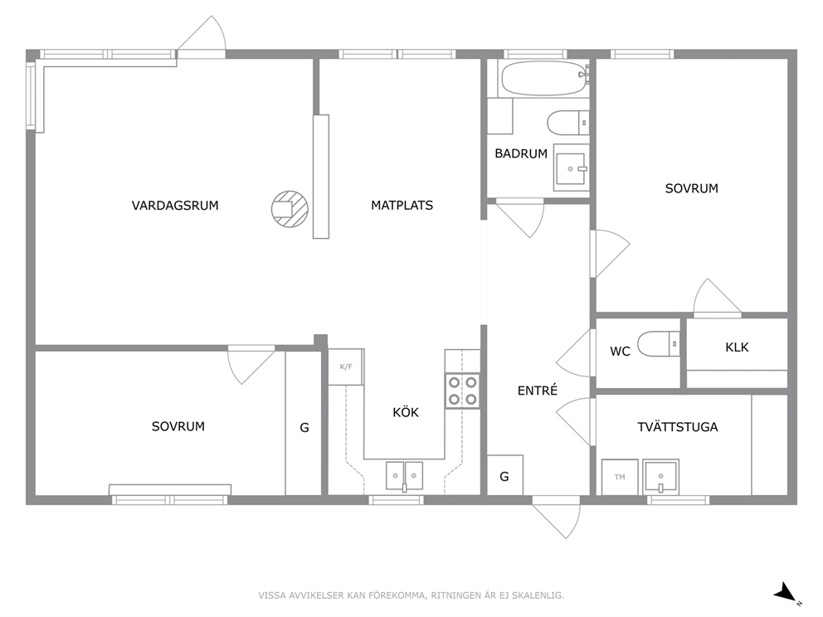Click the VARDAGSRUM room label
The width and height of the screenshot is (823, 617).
(175, 205)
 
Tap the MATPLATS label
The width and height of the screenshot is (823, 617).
(402, 205)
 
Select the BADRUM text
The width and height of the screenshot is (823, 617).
(521, 153)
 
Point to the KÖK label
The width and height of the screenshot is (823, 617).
(406, 412)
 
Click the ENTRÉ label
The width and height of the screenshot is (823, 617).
(538, 391)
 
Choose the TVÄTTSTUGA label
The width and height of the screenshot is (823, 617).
(678, 426)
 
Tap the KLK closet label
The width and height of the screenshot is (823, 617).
(737, 347)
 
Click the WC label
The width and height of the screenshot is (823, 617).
(620, 351)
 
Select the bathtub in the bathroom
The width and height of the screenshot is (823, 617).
(543, 78)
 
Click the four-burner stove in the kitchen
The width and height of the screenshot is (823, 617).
(462, 391)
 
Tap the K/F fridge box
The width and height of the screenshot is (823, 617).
(346, 367)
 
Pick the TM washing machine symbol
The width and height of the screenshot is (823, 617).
(620, 477)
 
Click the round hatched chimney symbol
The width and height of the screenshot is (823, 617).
(290, 209)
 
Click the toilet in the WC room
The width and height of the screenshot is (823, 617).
(659, 343)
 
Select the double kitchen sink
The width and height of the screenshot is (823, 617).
(404, 476)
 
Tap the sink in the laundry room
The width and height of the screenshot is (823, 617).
(661, 477)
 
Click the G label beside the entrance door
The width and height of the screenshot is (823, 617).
(504, 476)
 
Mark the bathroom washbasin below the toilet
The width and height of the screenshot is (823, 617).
(571, 168)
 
